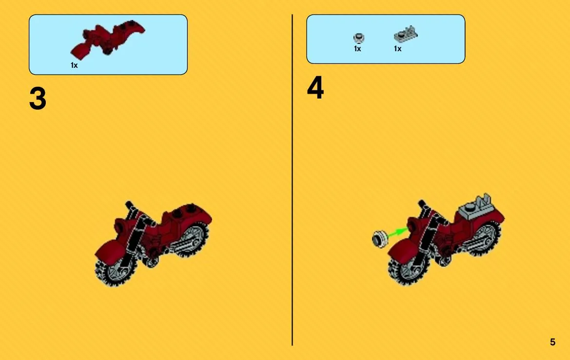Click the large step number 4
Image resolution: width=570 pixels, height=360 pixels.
click(x=315, y=88)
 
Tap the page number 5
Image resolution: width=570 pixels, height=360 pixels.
click(x=552, y=342)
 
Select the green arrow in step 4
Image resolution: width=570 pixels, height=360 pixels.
click(x=397, y=233)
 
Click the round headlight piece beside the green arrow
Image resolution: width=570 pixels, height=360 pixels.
click(x=379, y=240)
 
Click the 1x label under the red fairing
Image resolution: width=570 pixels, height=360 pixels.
click(x=74, y=65)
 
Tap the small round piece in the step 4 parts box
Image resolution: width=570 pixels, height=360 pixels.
click(x=359, y=38)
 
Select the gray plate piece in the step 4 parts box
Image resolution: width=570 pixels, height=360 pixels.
click(x=406, y=35)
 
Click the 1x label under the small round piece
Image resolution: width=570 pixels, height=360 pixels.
click(x=357, y=49)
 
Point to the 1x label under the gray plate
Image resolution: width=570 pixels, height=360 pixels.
click(x=398, y=49)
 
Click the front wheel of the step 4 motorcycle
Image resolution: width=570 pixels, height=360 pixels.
click(x=407, y=269)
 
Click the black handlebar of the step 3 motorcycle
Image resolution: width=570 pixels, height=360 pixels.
click(x=131, y=208)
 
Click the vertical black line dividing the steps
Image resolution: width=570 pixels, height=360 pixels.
click(x=292, y=180)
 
